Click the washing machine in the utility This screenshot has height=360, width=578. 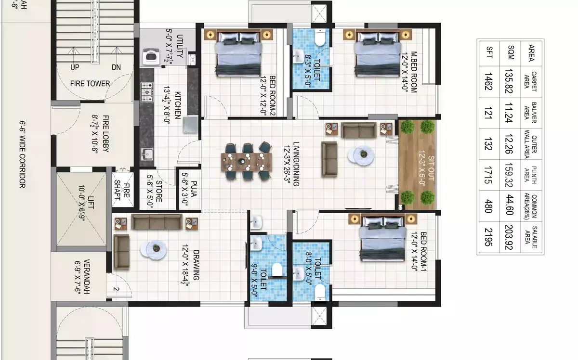pos(151,56)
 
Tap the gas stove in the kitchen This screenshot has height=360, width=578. pos(147,92)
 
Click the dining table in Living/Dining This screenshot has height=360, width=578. pos(247,162)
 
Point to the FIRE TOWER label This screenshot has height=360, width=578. pos(90,84)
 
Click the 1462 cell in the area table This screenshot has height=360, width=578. pos(489,81)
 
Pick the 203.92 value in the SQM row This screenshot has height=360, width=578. pos(509,237)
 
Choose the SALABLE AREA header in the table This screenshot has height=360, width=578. pos(531,237)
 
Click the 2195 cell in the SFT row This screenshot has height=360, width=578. pos(489,237)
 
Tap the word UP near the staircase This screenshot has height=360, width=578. pos(75,67)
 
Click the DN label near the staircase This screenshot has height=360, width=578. pos(116,67)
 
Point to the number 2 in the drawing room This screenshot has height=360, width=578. pos(116,289)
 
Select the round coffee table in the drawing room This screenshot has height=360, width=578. pos(154,250)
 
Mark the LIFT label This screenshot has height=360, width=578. pos(91,203)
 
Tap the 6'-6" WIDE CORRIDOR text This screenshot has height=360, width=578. pos(23,154)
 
